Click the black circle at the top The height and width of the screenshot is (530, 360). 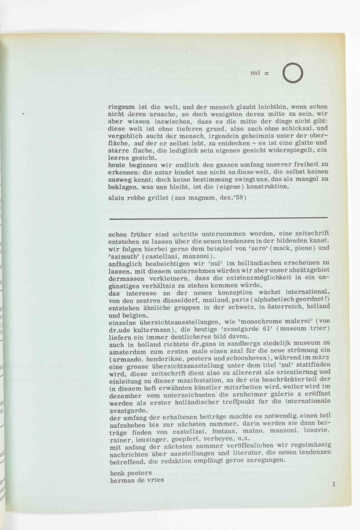(x=293, y=73)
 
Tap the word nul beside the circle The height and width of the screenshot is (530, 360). (x=255, y=73)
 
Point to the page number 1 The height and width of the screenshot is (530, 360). (x=334, y=483)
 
